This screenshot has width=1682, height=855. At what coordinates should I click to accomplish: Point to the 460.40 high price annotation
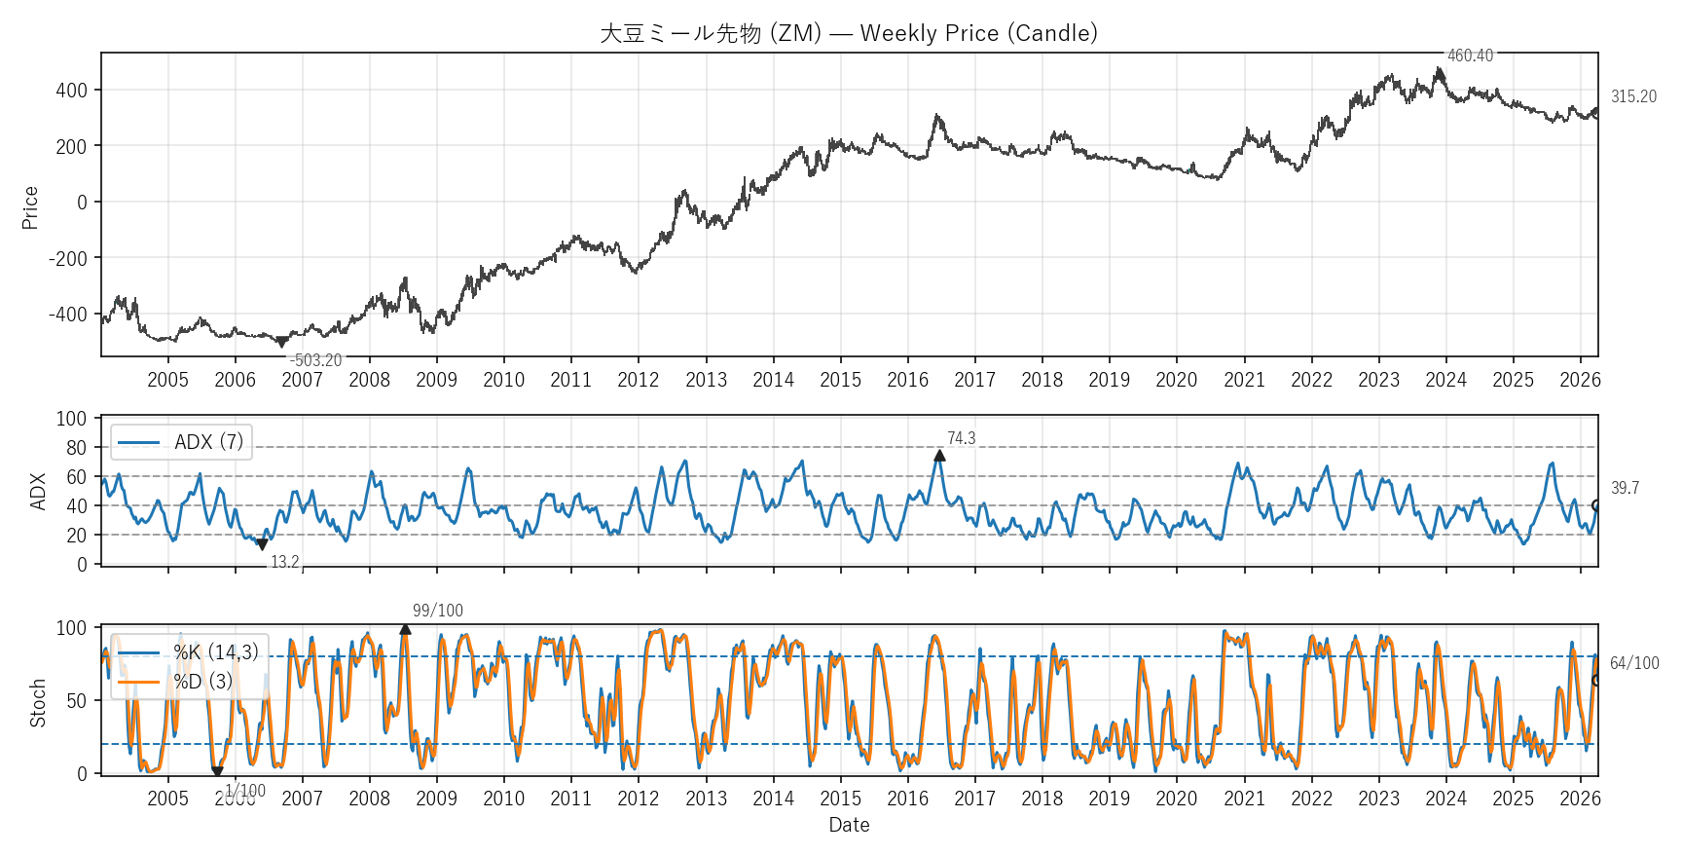click(x=1469, y=56)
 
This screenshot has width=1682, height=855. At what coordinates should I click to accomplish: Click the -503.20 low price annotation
click(x=316, y=360)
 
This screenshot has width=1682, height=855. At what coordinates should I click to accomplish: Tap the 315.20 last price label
click(x=1632, y=96)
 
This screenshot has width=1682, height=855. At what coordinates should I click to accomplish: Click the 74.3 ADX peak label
click(x=961, y=438)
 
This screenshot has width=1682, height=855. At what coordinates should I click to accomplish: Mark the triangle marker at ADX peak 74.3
click(x=939, y=455)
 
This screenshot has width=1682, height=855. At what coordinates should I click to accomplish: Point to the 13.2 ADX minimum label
click(x=284, y=562)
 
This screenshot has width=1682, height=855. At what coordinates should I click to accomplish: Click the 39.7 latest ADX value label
click(x=1625, y=488)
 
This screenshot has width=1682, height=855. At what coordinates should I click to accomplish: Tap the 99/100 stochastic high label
click(x=437, y=611)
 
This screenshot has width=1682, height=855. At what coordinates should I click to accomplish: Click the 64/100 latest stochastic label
click(x=1633, y=663)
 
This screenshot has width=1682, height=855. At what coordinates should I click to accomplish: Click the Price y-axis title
click(x=30, y=207)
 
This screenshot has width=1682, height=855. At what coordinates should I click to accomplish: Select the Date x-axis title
click(x=849, y=825)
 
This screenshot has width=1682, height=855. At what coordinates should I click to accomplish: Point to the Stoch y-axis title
click(x=38, y=703)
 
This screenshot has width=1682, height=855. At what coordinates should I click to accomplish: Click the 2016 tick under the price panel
click(x=907, y=380)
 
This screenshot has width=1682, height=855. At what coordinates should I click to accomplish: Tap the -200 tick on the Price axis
click(x=68, y=258)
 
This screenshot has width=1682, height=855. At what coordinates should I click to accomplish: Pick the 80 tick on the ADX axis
click(x=77, y=448)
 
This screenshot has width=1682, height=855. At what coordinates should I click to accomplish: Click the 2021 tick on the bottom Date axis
click(x=1243, y=799)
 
